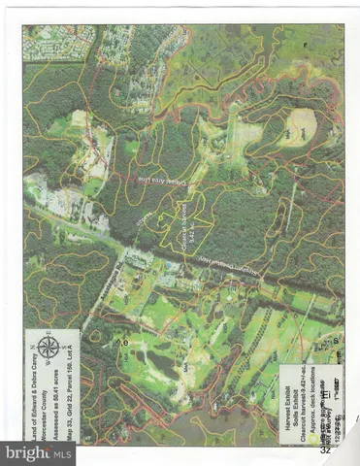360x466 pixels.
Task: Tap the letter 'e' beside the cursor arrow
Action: tap(124, 343)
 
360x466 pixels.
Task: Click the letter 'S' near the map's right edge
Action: tap(335, 343)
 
